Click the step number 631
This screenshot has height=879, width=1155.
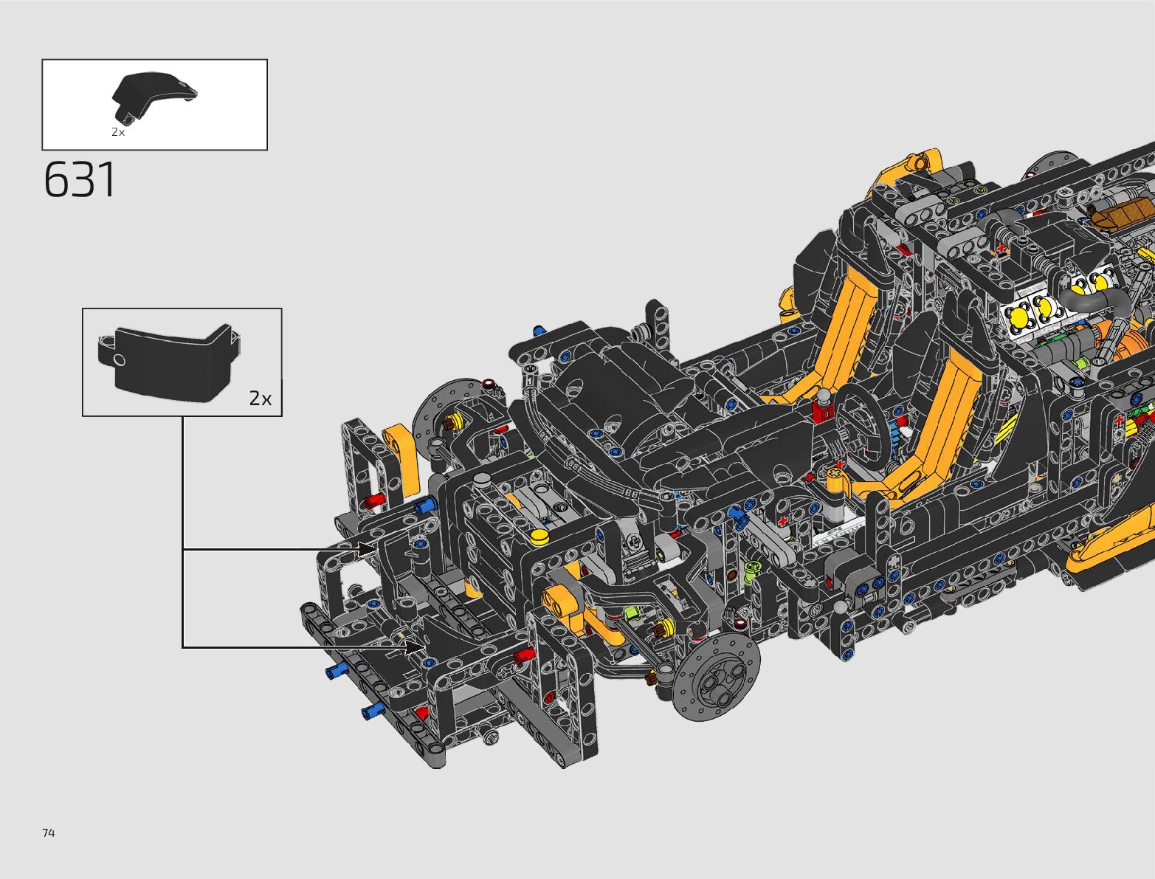(x=80, y=180)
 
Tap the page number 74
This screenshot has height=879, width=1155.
(x=49, y=833)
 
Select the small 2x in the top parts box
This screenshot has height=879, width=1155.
(x=118, y=132)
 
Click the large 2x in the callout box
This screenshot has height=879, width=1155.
(x=261, y=399)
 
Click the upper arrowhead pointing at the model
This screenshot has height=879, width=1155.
(x=368, y=550)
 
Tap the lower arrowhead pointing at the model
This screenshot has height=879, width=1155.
(x=416, y=647)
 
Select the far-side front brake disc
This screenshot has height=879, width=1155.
(x=447, y=416)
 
